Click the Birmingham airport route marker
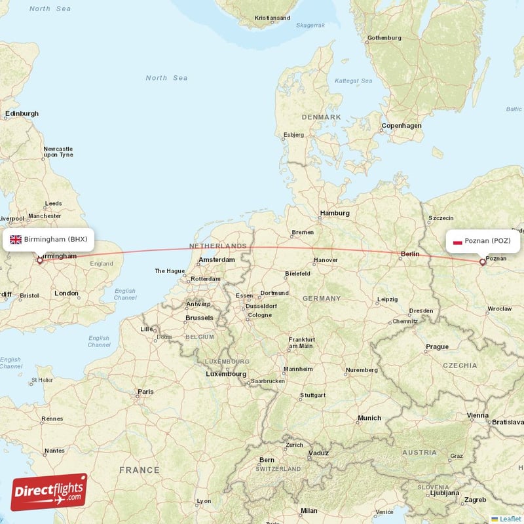tap(39, 261)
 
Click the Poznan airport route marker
tap(483, 262)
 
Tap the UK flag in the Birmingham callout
tap(15, 239)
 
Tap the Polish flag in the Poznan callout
tap(458, 241)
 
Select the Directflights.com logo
tap(49, 492)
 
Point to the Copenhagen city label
tap(402, 125)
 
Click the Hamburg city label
tap(334, 213)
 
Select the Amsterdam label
tap(217, 259)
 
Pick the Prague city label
tap(437, 346)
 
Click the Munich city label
tap(369, 418)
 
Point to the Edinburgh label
tap(22, 113)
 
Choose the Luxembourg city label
tap(225, 374)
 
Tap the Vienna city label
tap(477, 415)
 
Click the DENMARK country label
tap(321, 117)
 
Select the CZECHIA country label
tap(460, 365)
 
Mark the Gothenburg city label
tap(384, 38)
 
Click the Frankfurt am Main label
tap(301, 343)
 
